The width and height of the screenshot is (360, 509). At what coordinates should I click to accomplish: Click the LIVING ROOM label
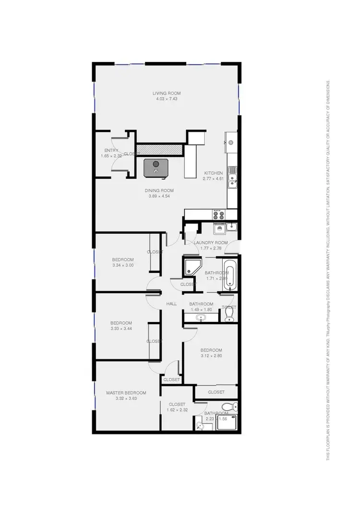coord(167,93)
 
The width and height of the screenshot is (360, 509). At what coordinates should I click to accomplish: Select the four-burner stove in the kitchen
coord(217,214)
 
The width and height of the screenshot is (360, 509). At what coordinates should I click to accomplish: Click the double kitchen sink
coord(232,176)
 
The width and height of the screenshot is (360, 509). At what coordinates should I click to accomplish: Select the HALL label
coord(171,304)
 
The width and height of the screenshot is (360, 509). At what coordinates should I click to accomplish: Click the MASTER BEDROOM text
coord(126,392)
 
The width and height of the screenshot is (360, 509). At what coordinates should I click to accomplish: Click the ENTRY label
coord(111,151)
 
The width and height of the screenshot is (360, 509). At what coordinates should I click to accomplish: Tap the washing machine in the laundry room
coord(220,228)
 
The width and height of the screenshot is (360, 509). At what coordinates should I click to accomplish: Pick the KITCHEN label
coord(213,173)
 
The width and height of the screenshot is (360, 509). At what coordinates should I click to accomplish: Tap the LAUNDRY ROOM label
coord(210,243)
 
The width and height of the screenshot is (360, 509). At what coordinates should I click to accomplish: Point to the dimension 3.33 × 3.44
coord(121,329)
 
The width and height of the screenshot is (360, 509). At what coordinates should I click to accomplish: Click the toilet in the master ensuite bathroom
coord(232,406)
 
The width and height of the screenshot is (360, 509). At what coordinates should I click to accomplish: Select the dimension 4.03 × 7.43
coord(167,99)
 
